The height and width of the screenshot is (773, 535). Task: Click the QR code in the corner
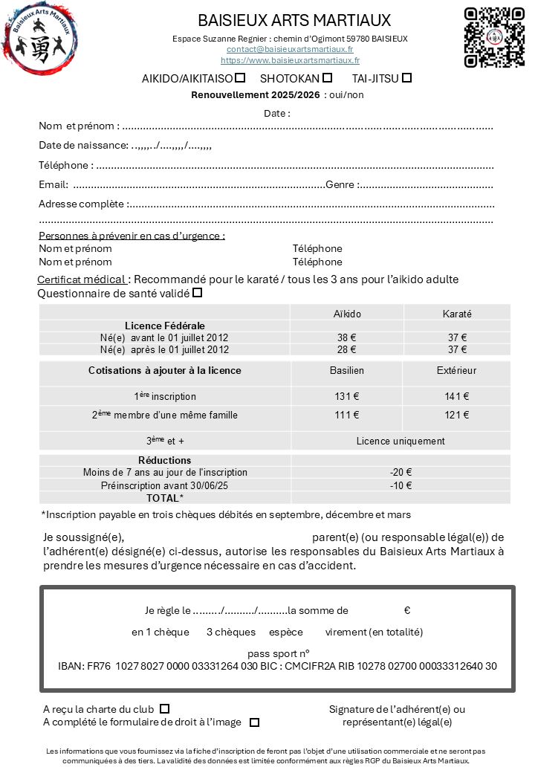pos(494,37)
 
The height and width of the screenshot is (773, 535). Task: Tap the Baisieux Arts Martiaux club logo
pos(40,37)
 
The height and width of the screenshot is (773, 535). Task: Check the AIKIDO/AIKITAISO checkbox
pos(240,77)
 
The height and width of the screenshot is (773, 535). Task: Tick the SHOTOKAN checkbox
pos(327,77)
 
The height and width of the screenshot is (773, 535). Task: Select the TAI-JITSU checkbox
pos(406,77)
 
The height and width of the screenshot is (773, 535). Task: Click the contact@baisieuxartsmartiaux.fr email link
pos(290,49)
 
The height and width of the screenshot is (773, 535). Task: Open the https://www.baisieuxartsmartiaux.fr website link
pos(290,60)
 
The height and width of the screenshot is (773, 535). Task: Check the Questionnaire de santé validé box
pos(197,293)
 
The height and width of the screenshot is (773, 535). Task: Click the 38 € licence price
pos(347,337)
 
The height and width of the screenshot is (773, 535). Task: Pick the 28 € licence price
pos(347,349)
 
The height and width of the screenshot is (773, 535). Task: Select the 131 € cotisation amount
pos(347,396)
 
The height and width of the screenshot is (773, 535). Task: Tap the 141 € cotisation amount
pos(456,396)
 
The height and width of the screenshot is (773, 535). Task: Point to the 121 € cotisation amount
pos(456,415)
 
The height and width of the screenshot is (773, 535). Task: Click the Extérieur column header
pos(456,370)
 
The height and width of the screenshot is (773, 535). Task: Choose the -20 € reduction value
pos(401,472)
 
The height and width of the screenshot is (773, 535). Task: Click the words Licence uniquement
pos(401,441)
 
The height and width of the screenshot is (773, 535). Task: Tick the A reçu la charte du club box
pos(165,709)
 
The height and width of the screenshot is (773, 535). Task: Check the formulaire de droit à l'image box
pos(254,722)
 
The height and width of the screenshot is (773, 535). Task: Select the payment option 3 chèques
pos(231,632)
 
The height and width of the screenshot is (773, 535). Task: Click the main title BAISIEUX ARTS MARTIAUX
pos(294,20)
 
